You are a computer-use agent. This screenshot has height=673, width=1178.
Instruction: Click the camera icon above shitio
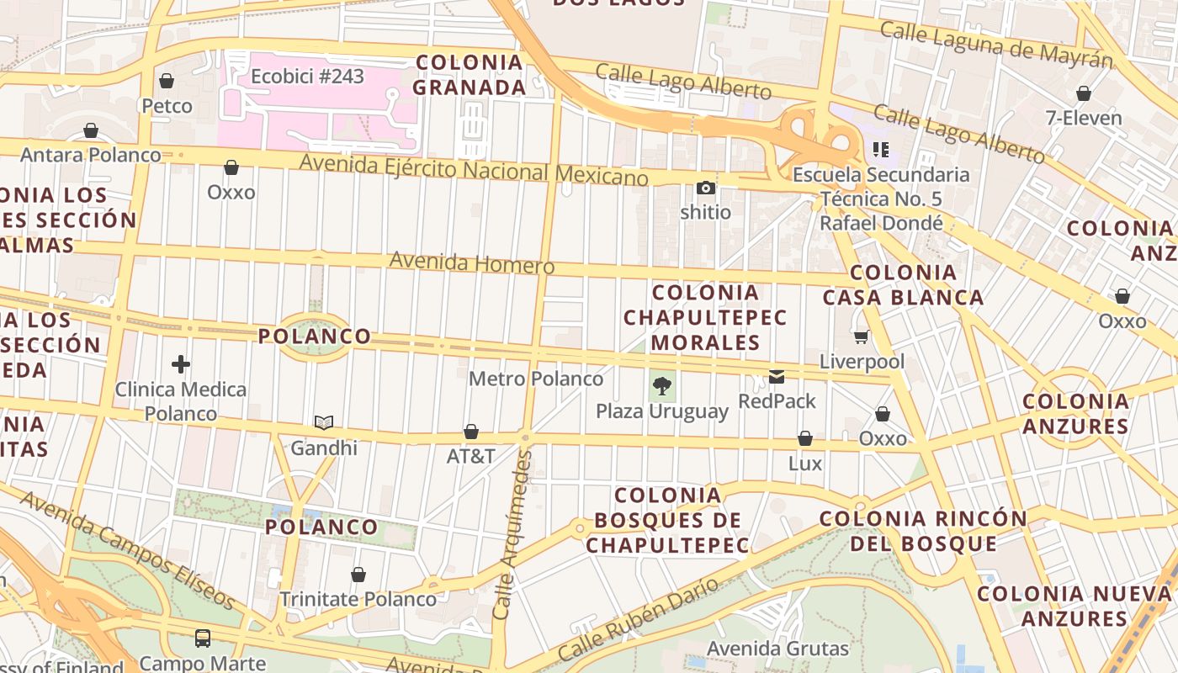pos(705,188)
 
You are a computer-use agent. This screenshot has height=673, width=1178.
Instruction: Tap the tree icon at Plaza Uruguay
pos(662,386)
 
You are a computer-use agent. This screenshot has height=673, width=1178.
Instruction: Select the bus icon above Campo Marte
pos(203,638)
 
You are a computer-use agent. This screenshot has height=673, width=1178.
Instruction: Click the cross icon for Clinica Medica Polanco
pos(180,364)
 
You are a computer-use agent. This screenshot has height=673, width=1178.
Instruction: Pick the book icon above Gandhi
pos(324,422)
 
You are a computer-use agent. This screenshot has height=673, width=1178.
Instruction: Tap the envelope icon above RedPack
pos(777,376)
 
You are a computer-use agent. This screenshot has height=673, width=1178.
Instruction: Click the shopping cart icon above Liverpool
pos(861,337)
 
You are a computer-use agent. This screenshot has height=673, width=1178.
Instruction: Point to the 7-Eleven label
pos(1084,118)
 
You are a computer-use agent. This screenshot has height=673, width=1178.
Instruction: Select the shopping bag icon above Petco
pos(167,81)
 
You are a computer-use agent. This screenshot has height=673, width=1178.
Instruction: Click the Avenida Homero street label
pos(471,263)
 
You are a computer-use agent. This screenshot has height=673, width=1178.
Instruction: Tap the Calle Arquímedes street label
pos(513,535)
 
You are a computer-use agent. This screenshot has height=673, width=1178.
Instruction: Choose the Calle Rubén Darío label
pos(639,619)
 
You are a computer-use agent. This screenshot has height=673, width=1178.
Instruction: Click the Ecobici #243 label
pos(307,77)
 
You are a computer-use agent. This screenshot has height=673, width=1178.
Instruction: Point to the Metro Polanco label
pos(536,379)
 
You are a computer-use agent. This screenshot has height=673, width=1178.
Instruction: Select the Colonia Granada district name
pos(470,74)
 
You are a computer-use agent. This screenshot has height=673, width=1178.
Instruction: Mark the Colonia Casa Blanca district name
pos(903,284)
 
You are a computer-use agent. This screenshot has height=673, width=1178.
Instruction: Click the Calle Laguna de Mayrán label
pos(995,45)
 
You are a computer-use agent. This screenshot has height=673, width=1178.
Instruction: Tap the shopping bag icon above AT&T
pos(471,432)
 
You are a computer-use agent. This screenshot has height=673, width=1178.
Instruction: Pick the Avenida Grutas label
pos(777,649)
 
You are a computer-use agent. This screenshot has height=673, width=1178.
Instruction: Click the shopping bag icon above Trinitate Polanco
pos(358,575)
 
